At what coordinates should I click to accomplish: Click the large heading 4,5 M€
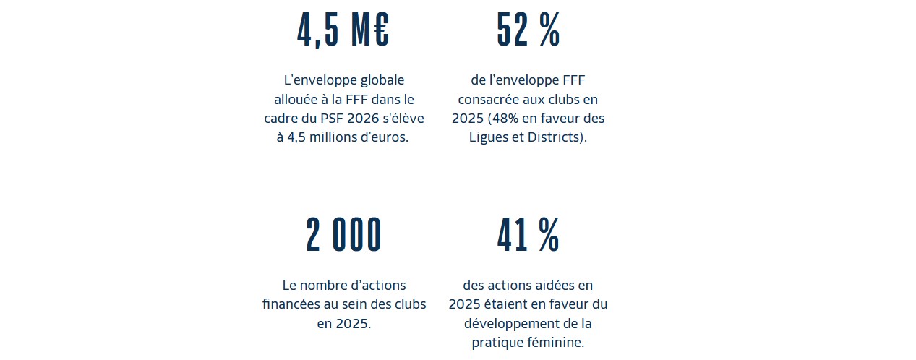click(343, 30)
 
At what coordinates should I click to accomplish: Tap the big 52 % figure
click(528, 30)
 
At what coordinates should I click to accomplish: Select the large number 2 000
click(343, 235)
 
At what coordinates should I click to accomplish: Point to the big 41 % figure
click(528, 235)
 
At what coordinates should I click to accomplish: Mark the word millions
click(338, 137)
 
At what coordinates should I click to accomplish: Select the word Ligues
click(492, 137)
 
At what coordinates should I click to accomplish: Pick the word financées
click(291, 304)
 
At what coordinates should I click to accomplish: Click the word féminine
click(554, 342)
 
